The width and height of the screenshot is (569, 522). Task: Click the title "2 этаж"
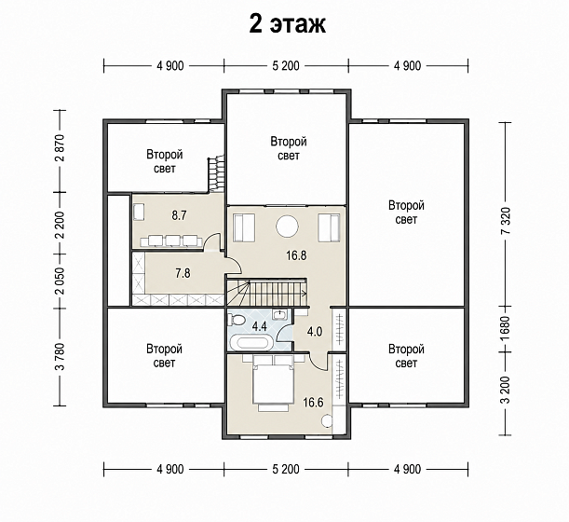(x=288, y=24)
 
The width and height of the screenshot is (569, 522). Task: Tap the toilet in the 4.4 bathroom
(x=237, y=320)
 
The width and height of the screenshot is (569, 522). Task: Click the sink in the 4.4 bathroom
(x=280, y=314)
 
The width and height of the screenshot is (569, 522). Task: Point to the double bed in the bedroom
(x=273, y=381)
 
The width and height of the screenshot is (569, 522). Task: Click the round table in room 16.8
(x=287, y=227)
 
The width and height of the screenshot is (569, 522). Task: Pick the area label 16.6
(x=313, y=403)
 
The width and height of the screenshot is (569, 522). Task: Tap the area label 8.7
(x=179, y=215)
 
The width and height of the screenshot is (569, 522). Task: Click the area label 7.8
(x=183, y=273)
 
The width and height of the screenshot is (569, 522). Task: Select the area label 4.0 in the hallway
(x=314, y=331)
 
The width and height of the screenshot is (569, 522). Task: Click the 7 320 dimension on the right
(x=506, y=220)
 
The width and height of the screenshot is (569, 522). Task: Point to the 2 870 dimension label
(x=61, y=148)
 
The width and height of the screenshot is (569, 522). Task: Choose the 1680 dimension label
(x=506, y=329)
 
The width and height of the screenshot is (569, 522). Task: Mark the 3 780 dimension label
(x=61, y=356)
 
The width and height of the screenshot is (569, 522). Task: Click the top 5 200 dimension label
(x=286, y=66)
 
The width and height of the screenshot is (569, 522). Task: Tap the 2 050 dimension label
(x=61, y=281)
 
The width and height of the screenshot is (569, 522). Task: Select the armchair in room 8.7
(x=138, y=213)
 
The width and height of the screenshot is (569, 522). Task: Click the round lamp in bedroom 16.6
(x=327, y=420)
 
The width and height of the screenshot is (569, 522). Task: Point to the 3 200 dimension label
(x=506, y=390)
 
